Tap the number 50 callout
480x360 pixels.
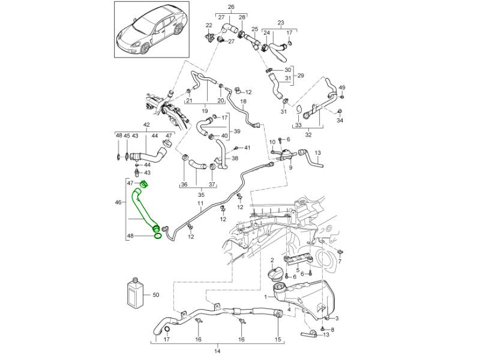[x=156, y=295]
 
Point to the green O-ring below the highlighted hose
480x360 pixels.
[x=157, y=236]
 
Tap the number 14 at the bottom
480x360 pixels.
[x=217, y=350]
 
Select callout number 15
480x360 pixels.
[x=277, y=340]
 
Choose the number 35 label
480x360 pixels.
[x=201, y=195]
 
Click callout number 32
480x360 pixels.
[x=308, y=135]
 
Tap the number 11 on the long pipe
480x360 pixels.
[x=200, y=205]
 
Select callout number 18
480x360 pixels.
[x=243, y=102]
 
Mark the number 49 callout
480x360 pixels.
[x=343, y=88]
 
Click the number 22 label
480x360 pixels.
[x=209, y=25]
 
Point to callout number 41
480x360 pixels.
[x=247, y=148]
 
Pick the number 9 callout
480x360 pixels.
[x=290, y=168]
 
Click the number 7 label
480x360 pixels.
[x=340, y=262]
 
